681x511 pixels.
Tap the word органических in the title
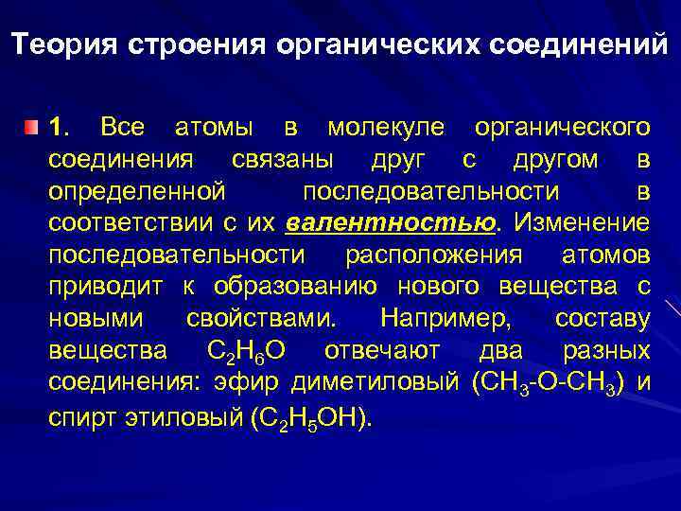pos(349,46)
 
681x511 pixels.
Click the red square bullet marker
pos(33,127)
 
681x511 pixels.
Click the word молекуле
pos(388,127)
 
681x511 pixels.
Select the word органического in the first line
pos(562,127)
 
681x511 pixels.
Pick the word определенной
pos(137,191)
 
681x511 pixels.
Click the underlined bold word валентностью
pos(390,224)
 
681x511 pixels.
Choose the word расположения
pos(433,255)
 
